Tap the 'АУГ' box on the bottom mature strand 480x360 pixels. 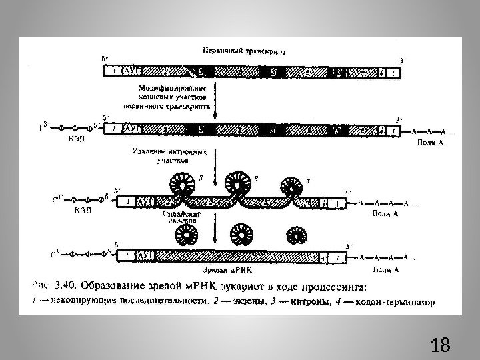[x=144, y=255]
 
